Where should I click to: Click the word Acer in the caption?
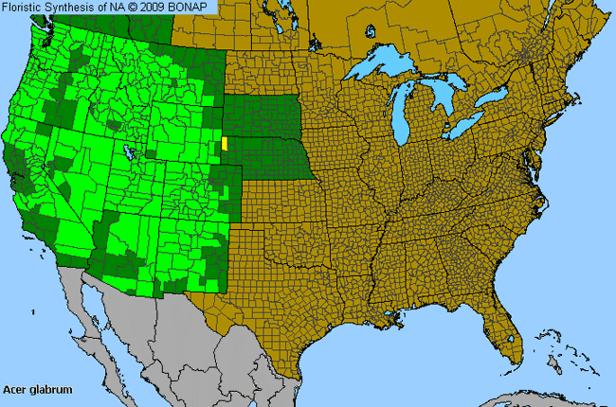coord(16,389)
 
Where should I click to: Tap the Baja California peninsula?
coord(95,317)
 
